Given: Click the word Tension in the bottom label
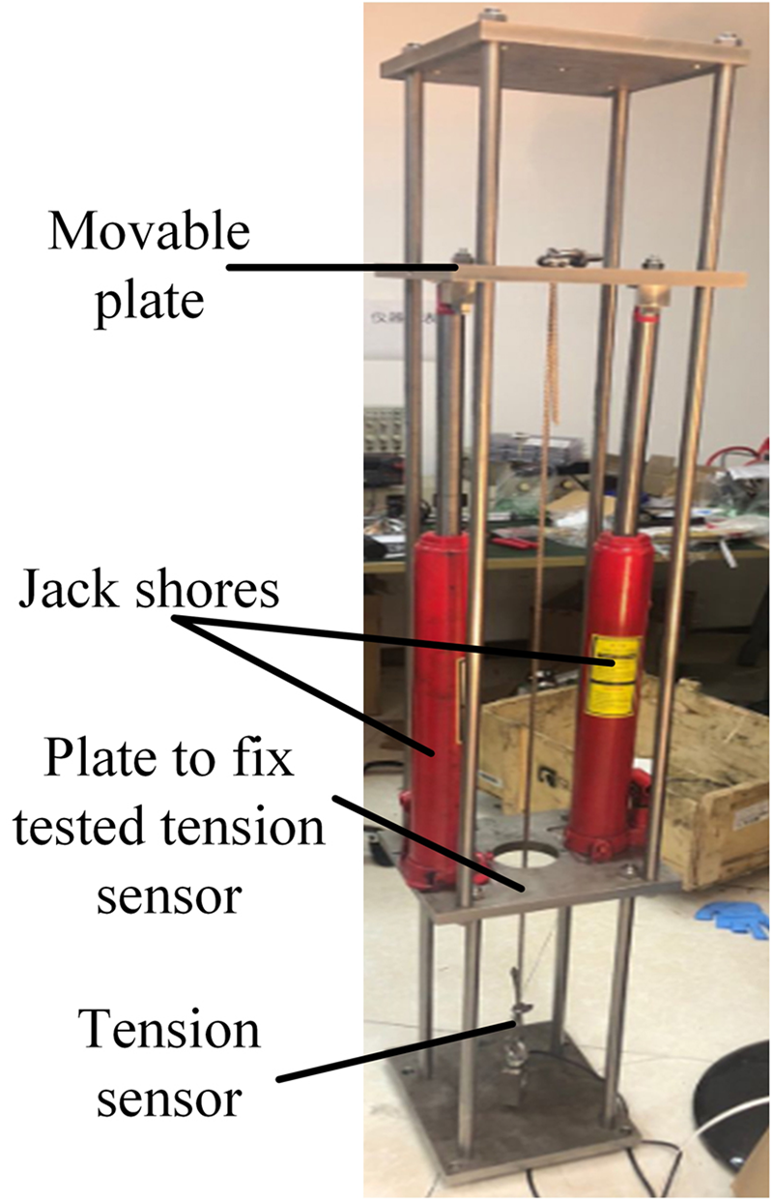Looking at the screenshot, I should pyautogui.click(x=169, y=1032).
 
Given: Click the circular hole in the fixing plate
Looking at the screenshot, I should pyautogui.click(x=524, y=863).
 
